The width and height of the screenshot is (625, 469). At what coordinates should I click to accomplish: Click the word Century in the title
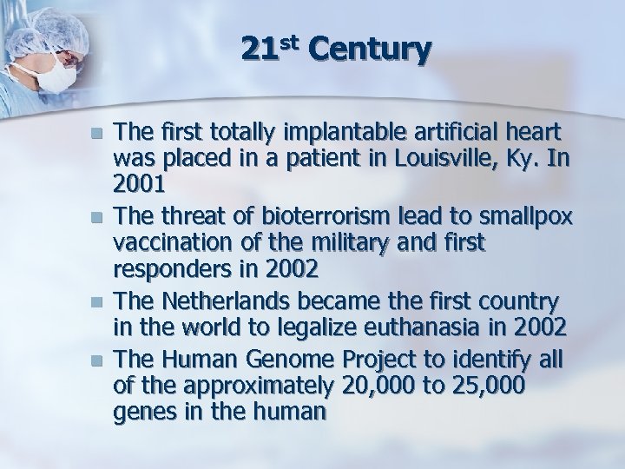pyautogui.click(x=368, y=51)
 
